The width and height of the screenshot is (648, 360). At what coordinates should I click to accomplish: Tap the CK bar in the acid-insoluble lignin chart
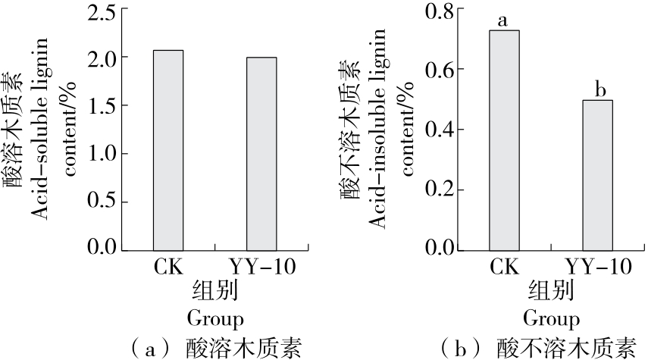(504, 140)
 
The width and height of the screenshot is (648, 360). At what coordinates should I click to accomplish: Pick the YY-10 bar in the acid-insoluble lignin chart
(597, 174)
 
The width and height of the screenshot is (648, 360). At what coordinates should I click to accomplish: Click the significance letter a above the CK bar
(504, 19)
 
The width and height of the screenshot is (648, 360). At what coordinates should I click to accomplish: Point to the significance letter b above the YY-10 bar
(598, 89)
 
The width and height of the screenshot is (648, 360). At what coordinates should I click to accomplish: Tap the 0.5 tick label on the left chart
(102, 202)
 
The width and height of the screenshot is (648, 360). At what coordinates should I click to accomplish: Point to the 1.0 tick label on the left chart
(102, 154)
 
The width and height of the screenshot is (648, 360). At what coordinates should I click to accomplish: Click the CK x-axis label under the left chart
(168, 268)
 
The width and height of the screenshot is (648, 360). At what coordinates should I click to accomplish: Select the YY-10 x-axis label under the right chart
(597, 268)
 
